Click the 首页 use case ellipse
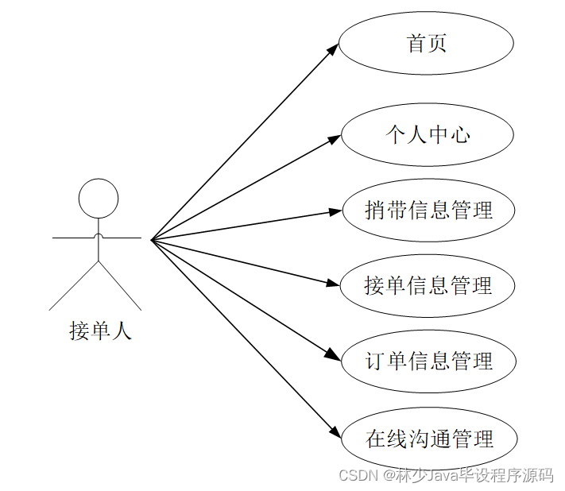tap(427, 43)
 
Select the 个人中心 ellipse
tap(427, 135)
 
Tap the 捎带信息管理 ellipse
tap(428, 211)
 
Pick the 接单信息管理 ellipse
tap(428, 286)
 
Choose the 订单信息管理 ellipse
tap(429, 361)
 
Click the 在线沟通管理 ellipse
tap(430, 439)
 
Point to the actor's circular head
tap(99, 197)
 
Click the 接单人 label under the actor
tap(100, 331)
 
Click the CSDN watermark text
tap(356, 475)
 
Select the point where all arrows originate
tap(151, 239)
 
